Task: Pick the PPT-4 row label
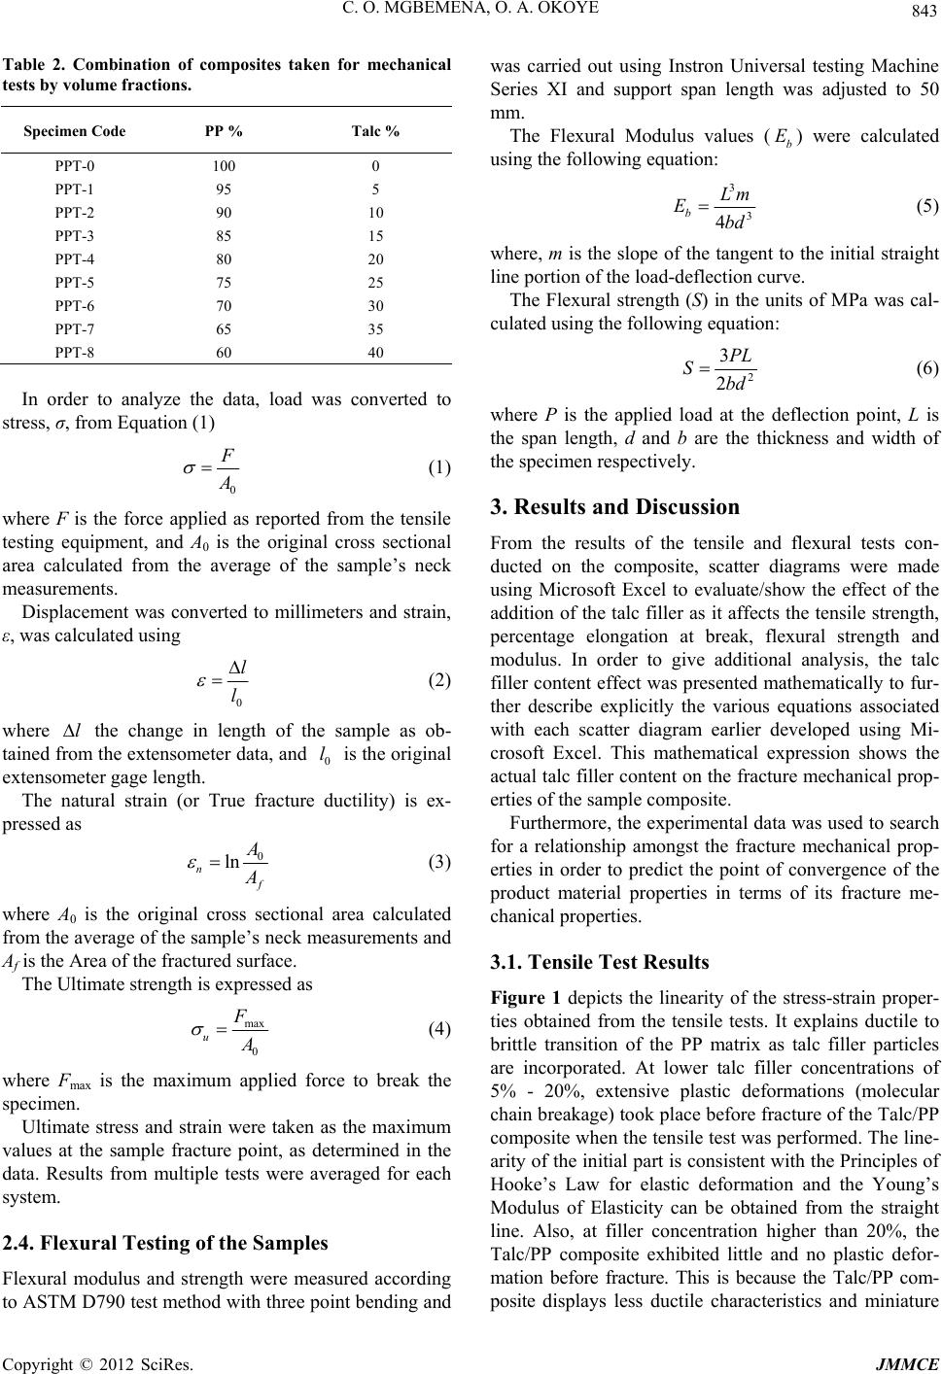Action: pyautogui.click(x=75, y=258)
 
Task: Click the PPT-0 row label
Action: pyautogui.click(x=75, y=165)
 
